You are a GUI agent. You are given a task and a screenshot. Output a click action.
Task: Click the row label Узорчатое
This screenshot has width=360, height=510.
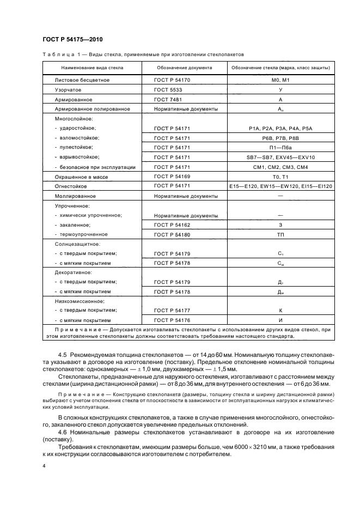click(68, 90)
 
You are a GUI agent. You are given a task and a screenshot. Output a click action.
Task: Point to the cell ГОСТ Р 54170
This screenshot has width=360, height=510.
click(172, 80)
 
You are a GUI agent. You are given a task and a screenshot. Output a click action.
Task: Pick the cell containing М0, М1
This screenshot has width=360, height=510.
click(280, 80)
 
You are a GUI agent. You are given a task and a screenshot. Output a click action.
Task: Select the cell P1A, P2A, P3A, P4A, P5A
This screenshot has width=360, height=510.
click(280, 128)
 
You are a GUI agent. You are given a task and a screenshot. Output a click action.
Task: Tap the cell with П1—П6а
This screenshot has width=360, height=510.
click(280, 148)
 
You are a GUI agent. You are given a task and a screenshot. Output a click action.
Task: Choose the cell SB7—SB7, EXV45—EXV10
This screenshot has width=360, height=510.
click(280, 157)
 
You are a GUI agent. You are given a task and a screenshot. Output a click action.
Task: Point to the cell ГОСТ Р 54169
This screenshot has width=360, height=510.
click(172, 177)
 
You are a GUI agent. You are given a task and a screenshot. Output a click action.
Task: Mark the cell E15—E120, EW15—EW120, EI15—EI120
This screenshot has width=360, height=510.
click(280, 186)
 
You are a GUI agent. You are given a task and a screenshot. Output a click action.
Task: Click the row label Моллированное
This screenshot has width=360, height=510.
click(76, 196)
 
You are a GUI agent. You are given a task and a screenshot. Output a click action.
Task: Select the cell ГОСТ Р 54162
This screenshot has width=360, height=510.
click(172, 224)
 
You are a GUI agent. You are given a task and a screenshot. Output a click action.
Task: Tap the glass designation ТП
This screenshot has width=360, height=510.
click(280, 234)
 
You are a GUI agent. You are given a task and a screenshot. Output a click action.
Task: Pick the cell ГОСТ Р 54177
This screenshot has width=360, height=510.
click(172, 311)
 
